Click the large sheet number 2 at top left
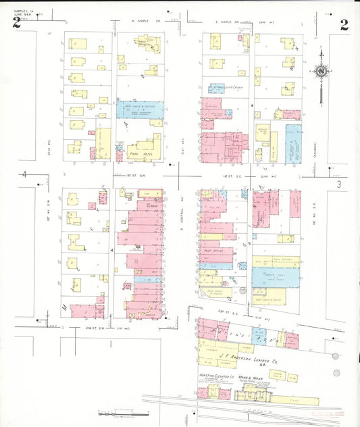(16, 24)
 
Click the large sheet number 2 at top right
(344, 25)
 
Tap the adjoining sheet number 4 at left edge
(25, 175)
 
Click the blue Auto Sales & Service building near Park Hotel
(140, 109)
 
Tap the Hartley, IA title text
(20, 7)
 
